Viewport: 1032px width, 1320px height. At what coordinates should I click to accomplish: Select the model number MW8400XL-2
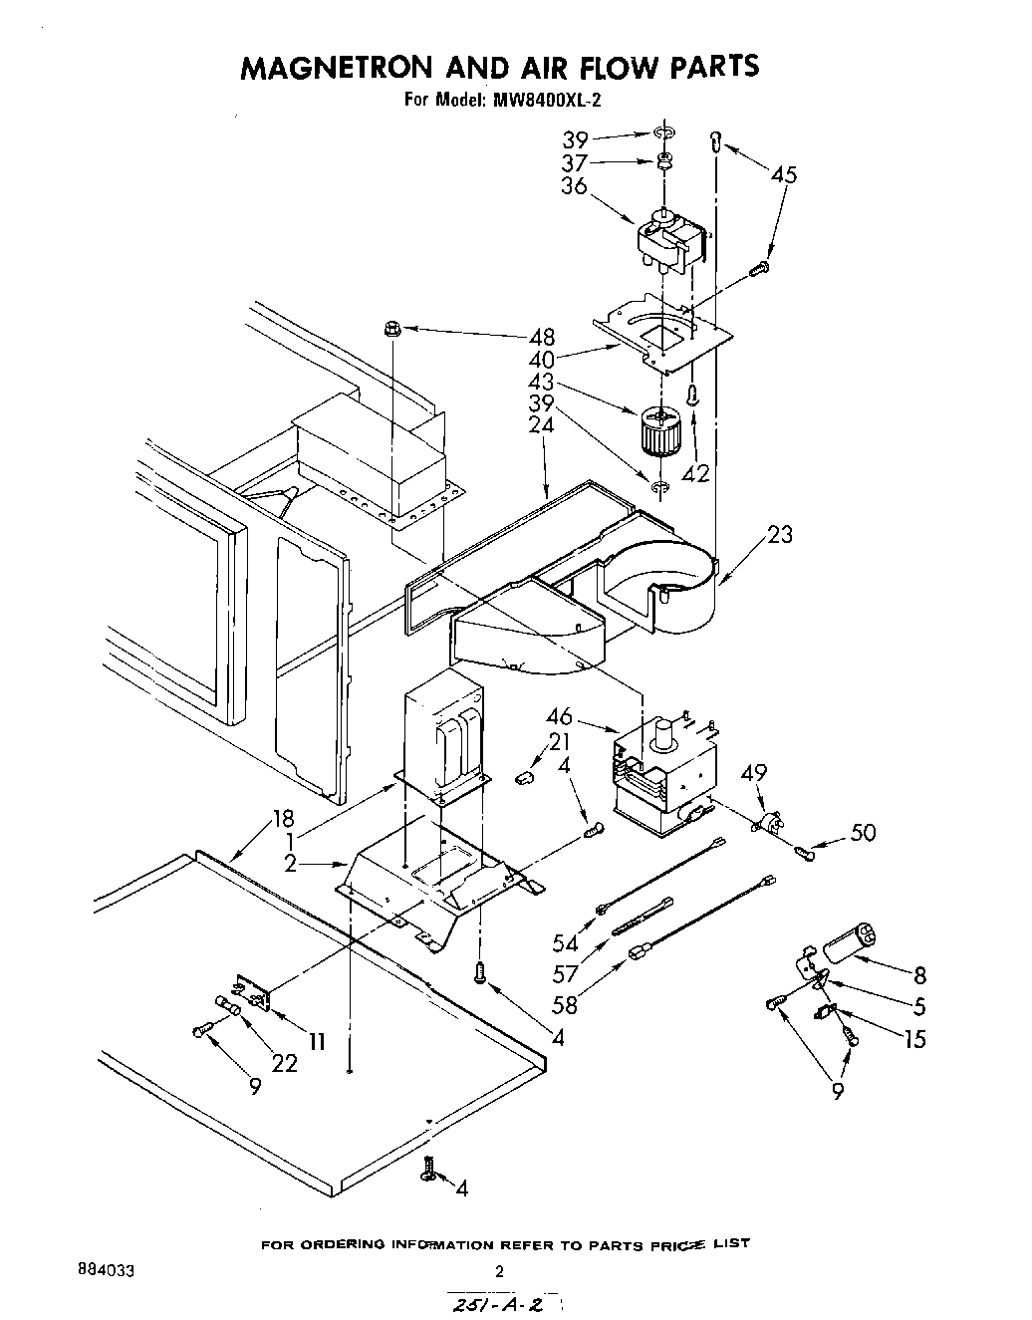point(544,100)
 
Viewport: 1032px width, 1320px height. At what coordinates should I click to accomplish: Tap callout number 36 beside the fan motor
point(575,187)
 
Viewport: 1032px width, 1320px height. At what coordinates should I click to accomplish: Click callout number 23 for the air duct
point(780,535)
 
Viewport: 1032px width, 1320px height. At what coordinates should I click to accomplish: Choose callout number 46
point(559,715)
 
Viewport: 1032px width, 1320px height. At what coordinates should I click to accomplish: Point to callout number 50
point(863,831)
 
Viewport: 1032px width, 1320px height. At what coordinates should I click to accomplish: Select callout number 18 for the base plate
point(283,819)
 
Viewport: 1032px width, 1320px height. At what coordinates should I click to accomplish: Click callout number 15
point(914,1040)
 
